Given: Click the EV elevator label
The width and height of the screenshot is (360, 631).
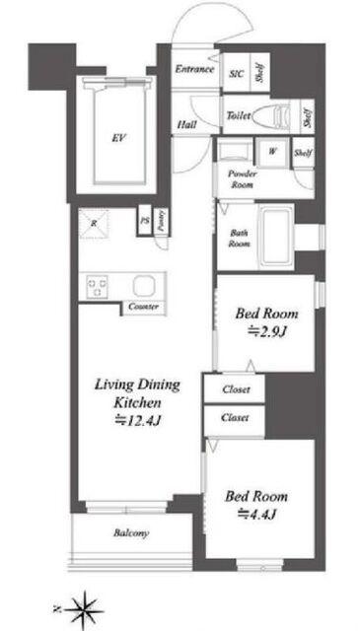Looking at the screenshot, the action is [118, 139].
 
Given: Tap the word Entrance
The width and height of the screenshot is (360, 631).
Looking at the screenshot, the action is [194, 69].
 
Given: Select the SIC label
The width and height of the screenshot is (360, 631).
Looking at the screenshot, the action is [236, 74].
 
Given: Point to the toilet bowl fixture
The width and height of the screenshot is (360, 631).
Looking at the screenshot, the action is [278, 115].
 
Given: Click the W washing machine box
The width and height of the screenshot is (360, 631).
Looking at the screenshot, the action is [272, 152].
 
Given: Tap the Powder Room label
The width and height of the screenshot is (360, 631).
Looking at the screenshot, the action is [242, 179].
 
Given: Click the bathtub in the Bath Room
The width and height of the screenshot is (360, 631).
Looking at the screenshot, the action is [276, 236].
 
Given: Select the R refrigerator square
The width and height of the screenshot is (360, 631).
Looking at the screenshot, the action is [94, 224].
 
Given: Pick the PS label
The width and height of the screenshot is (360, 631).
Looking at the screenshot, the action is [144, 221].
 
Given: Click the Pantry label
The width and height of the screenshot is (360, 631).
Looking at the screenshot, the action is [161, 221].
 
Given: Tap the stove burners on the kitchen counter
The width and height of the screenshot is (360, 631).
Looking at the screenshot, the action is [97, 286].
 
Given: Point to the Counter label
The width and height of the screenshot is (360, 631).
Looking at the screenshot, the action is [143, 307].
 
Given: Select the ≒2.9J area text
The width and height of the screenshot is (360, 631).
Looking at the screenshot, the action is [267, 332].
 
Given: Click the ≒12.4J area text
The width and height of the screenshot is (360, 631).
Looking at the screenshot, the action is [138, 421].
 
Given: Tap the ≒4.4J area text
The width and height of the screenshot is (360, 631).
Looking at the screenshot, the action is [256, 514].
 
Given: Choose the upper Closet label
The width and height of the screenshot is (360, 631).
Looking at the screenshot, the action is [236, 389].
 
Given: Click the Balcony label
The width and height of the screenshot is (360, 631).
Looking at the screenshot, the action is [131, 533].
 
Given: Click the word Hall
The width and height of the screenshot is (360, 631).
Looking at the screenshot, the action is [187, 125].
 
